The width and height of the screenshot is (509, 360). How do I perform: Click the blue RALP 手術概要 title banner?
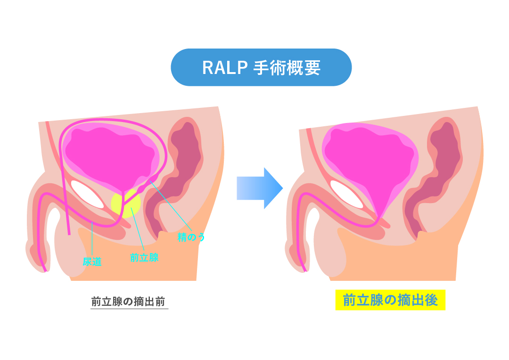coord(261,67)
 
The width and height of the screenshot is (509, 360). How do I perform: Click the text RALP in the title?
coord(224,68)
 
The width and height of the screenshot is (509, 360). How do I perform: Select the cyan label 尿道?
coord(92,262)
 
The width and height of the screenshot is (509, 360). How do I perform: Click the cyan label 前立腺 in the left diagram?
coord(144,258)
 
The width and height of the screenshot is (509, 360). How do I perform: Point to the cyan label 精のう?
coord(191,237)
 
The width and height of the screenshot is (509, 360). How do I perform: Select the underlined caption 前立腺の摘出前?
coord(129,302)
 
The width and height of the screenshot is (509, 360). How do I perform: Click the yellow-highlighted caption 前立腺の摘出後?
coord(390,300)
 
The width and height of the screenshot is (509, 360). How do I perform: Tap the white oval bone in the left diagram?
coord(87,194)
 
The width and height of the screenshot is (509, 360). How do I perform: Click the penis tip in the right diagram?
coord(298,257)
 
